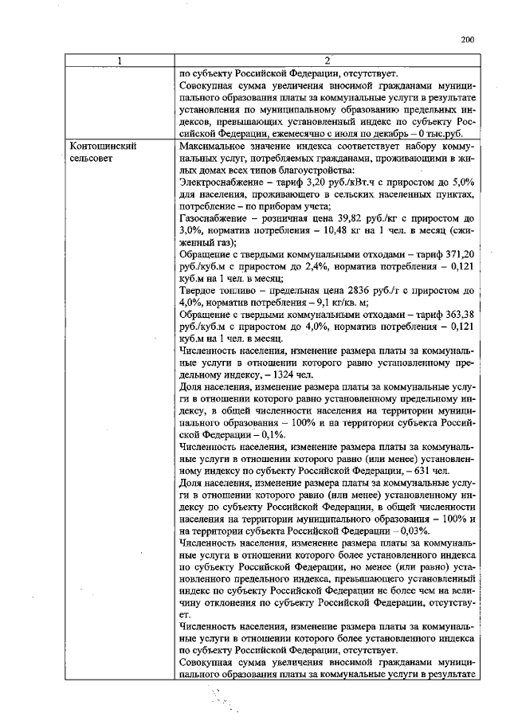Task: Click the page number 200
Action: coord(468,39)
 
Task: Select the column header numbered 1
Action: coord(120,61)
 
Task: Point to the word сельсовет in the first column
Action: coord(92,159)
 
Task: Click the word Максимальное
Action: coord(214,147)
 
